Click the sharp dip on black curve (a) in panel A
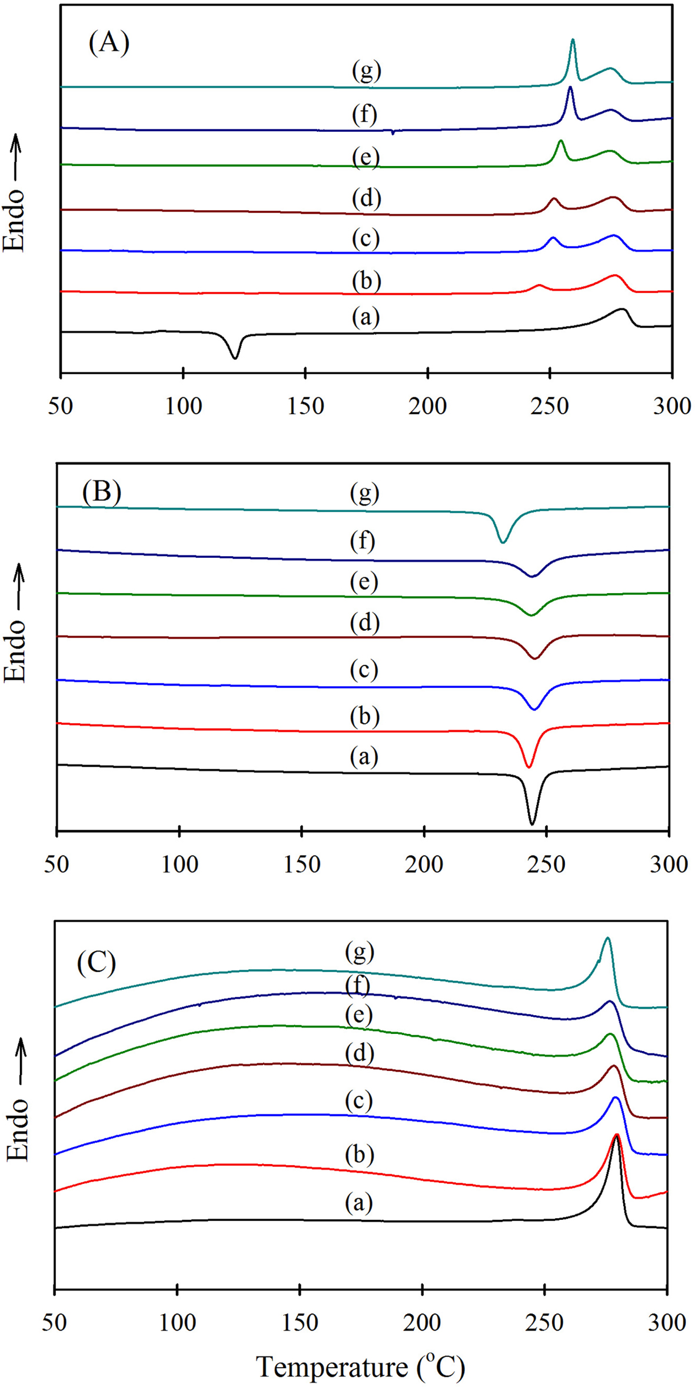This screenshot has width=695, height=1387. (236, 357)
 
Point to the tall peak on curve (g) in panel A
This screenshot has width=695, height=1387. (573, 41)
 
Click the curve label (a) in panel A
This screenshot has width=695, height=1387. (366, 317)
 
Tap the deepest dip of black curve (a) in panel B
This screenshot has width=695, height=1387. (532, 823)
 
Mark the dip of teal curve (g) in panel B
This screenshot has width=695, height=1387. (502, 541)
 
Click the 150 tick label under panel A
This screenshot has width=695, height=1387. (305, 406)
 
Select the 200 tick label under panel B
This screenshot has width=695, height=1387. (424, 864)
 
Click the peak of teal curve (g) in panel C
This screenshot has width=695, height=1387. (607, 939)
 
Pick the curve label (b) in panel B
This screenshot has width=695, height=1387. (364, 716)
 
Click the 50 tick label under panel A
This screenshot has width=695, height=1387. (61, 406)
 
